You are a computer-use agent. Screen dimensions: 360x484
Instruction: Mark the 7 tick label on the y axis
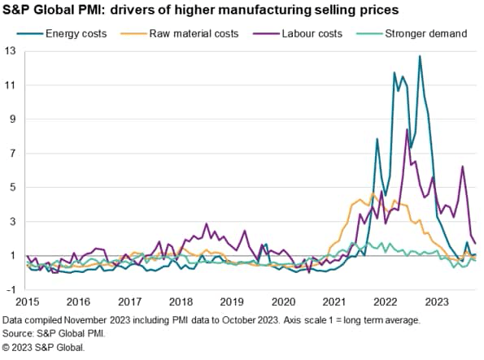[12, 154]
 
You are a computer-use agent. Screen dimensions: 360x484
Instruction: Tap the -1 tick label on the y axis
[11, 290]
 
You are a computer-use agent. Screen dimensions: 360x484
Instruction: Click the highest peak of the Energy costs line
[420, 56]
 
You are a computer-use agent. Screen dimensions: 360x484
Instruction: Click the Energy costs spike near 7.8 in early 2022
[377, 139]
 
